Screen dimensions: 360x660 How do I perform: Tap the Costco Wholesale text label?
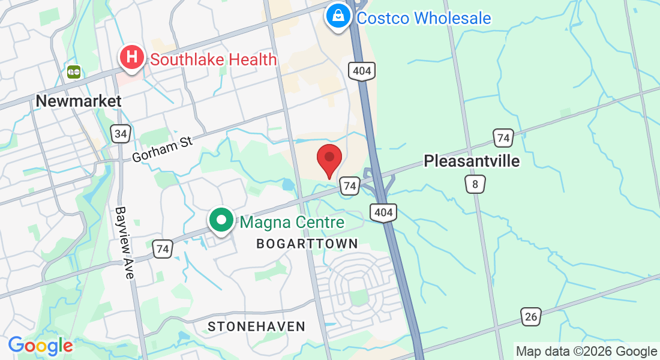(424, 18)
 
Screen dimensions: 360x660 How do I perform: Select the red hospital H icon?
(132, 58)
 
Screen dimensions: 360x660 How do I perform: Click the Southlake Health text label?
(214, 59)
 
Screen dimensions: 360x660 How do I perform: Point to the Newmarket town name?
(79, 100)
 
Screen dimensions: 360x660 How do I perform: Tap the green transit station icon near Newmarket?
(74, 71)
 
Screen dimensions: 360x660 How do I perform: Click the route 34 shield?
(121, 133)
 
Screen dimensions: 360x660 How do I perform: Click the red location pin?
(329, 160)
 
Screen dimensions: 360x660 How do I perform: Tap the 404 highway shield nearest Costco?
(362, 71)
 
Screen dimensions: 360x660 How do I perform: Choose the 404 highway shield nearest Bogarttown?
(382, 212)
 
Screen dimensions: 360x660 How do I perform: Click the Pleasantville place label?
(472, 161)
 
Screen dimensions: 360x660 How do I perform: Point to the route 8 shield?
(475, 184)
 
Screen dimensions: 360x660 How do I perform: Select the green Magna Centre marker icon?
(221, 220)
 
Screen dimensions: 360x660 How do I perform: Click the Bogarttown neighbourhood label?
(307, 244)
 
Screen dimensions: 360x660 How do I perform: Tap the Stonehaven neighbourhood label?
(256, 326)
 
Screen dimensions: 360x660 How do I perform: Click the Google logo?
(40, 346)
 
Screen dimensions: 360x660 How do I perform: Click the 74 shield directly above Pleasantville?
(503, 138)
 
